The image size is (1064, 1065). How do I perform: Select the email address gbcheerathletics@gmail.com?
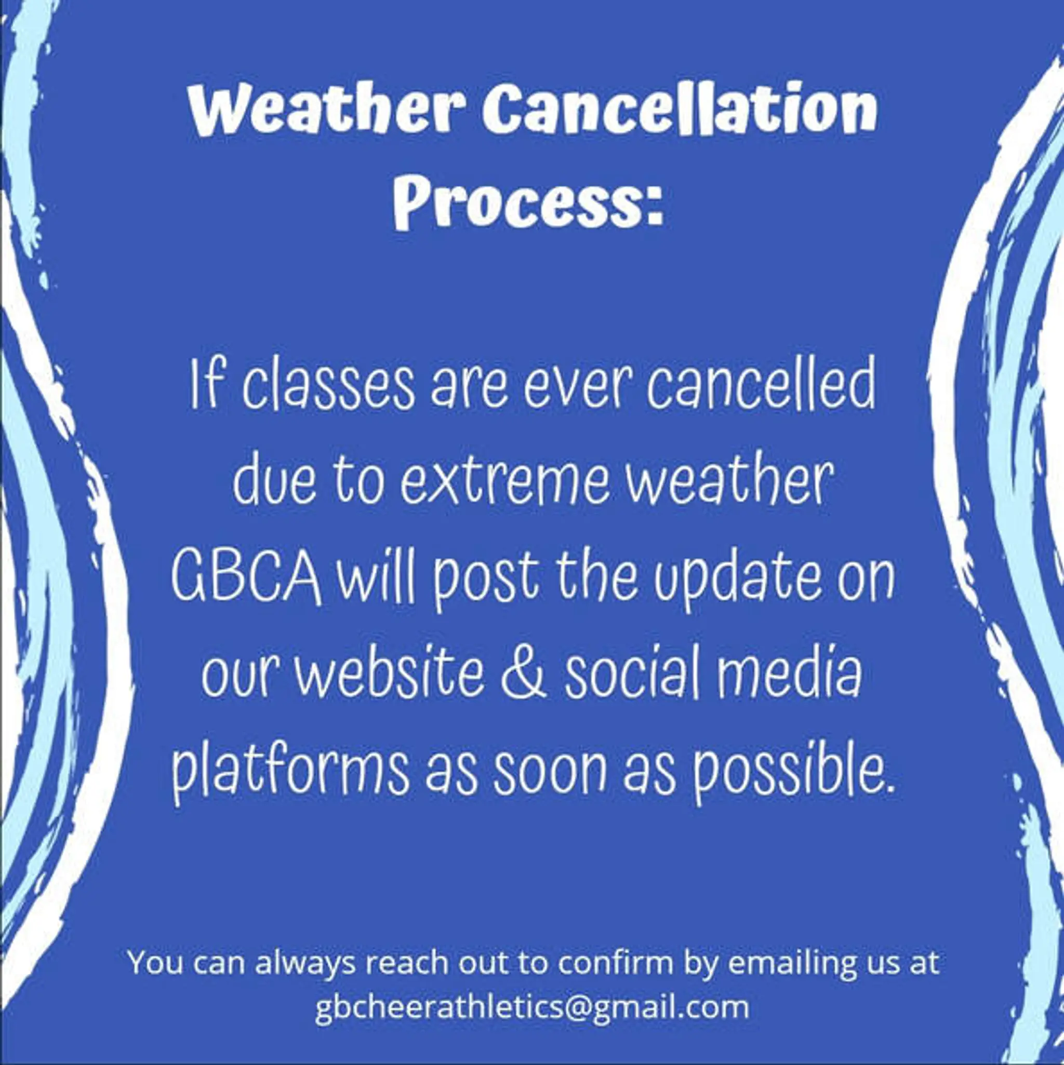click(533, 1007)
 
